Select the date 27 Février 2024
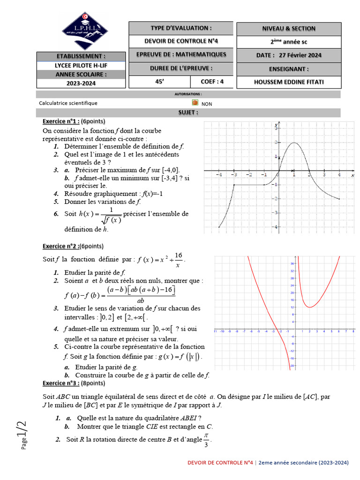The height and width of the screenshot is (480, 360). (289, 55)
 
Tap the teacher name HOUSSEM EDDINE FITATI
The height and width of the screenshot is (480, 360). (289, 82)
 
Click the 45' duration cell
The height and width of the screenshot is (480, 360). (159, 82)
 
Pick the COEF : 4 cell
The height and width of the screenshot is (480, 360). (212, 82)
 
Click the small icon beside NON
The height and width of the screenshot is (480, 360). (195, 103)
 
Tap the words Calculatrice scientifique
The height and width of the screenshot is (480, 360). (68, 103)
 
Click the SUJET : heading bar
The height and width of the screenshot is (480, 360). (187, 112)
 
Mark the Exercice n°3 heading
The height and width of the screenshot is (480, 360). (61, 383)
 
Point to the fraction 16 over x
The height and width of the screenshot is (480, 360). (178, 259)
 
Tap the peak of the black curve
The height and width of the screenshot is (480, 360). (294, 142)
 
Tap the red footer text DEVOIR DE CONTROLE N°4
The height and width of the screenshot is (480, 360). (220, 462)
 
